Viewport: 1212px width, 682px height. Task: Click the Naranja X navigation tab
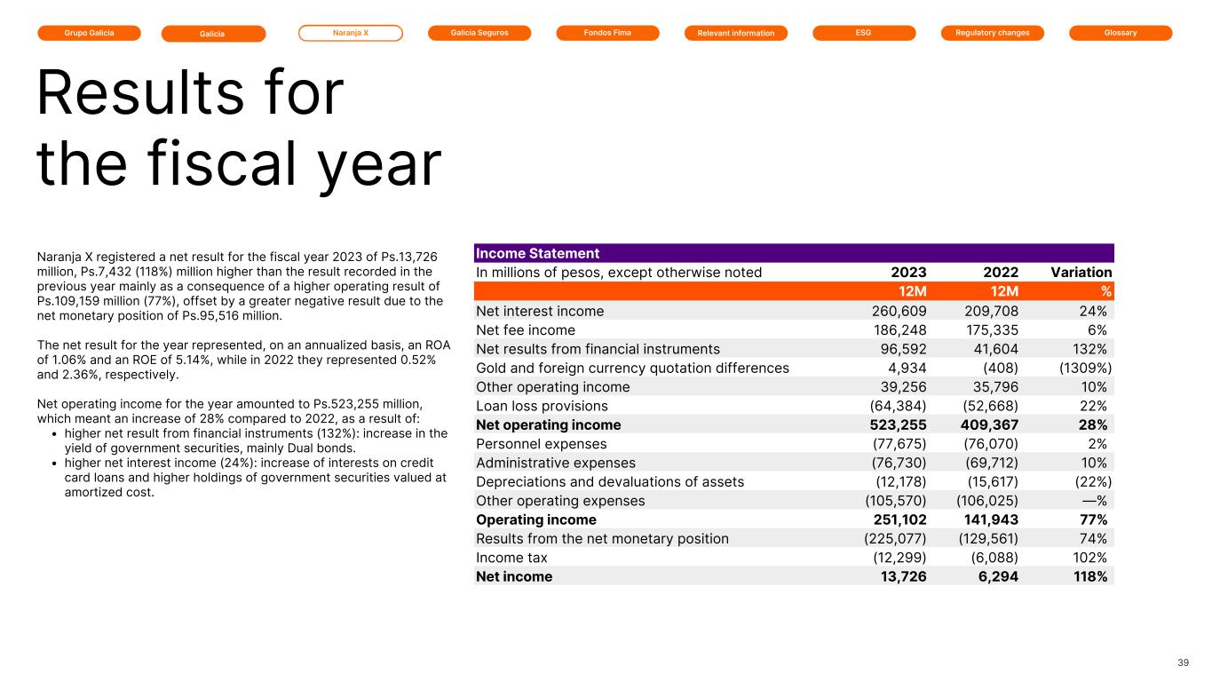(350, 33)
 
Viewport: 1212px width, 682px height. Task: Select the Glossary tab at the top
(1120, 33)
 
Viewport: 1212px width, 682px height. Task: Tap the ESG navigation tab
(863, 33)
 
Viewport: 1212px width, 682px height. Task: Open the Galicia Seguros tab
(479, 33)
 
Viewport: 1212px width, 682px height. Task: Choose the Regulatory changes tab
(992, 33)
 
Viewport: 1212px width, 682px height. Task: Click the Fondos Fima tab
(607, 33)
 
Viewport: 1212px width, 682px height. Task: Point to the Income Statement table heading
(538, 254)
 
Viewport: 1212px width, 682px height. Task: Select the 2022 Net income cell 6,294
(994, 576)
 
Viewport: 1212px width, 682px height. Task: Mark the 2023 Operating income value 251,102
(895, 519)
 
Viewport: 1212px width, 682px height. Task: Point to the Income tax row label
(512, 558)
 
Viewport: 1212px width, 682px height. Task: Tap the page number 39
(1183, 662)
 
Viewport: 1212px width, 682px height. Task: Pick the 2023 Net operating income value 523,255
(895, 424)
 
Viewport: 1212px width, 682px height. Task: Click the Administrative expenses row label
(556, 463)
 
